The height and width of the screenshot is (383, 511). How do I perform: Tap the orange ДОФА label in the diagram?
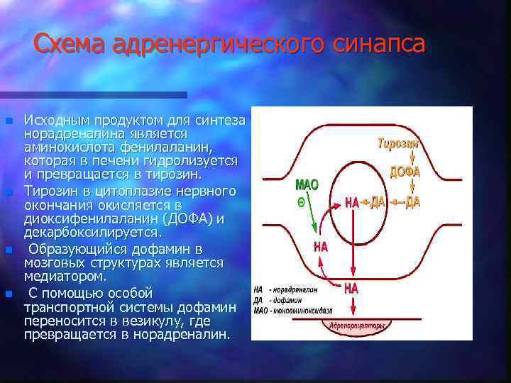(x=405, y=172)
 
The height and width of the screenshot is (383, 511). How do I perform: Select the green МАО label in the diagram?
(x=307, y=185)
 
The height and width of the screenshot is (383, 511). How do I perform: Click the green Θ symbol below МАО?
(x=302, y=201)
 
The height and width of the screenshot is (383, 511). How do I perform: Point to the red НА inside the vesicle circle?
(x=352, y=203)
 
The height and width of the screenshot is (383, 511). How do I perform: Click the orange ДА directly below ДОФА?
(x=412, y=202)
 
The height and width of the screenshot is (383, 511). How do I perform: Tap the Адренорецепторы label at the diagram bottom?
(x=358, y=326)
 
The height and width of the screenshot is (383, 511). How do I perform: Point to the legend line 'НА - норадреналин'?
(x=285, y=290)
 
